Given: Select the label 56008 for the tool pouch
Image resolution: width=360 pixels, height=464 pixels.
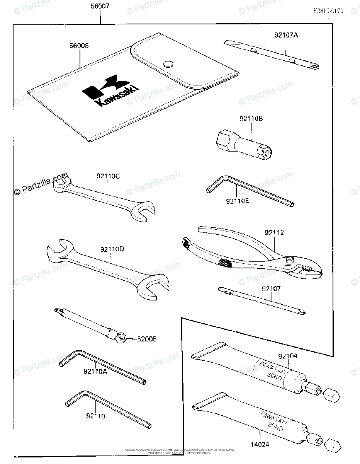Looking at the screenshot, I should point(79,46).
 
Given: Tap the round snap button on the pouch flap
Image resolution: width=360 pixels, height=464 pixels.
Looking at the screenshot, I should point(168,64).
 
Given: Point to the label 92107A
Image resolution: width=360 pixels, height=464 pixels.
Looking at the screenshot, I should point(286,35).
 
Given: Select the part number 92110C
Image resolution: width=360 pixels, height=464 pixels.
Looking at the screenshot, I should point(108,177).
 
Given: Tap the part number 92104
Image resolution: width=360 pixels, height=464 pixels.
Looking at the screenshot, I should point(288,356).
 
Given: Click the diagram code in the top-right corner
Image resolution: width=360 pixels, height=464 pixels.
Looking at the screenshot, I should point(328,11).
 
